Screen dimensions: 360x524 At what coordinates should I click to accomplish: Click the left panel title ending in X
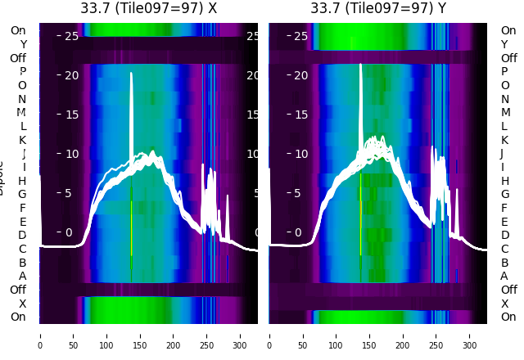(148, 8)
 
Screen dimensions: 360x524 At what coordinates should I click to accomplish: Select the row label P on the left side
(22, 72)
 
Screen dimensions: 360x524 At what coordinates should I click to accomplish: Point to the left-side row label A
(22, 276)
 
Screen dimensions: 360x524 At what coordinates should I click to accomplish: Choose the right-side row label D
(504, 236)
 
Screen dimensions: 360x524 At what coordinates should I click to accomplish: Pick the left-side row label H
(22, 181)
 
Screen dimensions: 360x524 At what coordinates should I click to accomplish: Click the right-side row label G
(504, 195)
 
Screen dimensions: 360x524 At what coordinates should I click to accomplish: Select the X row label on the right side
(504, 304)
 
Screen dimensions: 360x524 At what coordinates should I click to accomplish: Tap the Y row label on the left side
(23, 44)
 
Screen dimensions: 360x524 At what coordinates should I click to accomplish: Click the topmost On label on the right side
(508, 31)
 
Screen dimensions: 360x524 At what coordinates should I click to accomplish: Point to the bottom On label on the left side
(18, 317)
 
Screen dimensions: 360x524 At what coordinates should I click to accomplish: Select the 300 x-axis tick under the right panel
(470, 335)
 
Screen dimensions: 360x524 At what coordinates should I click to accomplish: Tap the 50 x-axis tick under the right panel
(303, 335)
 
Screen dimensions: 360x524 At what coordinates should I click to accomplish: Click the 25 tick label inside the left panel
(71, 36)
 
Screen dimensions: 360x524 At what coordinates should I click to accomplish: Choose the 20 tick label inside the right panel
(300, 75)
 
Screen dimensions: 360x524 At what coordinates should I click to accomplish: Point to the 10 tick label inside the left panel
(71, 154)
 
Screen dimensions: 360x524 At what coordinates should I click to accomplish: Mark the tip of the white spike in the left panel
(131, 74)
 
